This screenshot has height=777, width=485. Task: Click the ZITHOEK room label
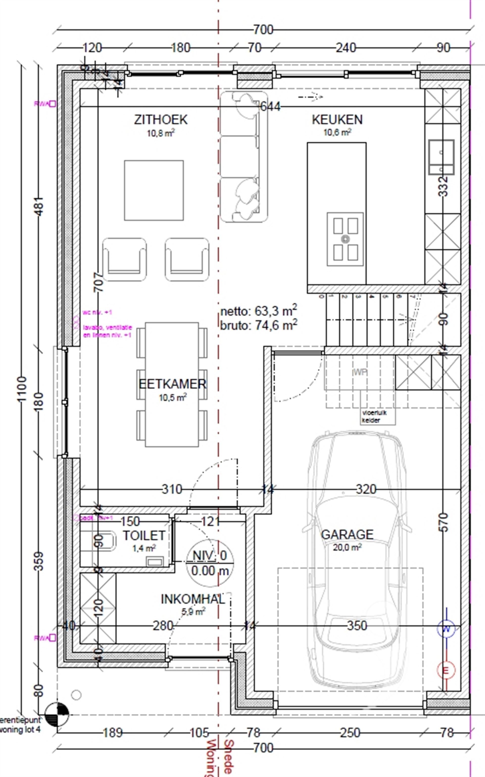[160, 120]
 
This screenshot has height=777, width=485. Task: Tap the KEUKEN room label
[337, 120]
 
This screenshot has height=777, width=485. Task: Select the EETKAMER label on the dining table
[172, 384]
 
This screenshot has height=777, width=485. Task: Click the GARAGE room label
[347, 534]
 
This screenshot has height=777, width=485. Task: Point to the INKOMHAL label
[192, 599]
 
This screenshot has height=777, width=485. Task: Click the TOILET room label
[144, 535]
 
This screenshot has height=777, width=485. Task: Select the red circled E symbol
[446, 670]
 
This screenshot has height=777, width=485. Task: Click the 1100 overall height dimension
[21, 389]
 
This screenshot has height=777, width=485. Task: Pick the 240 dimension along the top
[346, 48]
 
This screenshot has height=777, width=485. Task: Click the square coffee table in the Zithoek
[154, 190]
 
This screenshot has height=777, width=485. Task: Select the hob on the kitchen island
[345, 239]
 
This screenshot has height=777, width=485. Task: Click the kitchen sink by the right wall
[441, 157]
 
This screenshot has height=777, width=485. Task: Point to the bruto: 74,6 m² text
[258, 325]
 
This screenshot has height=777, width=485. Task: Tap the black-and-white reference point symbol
[57, 715]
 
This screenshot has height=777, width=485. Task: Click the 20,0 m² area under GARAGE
[347, 547]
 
